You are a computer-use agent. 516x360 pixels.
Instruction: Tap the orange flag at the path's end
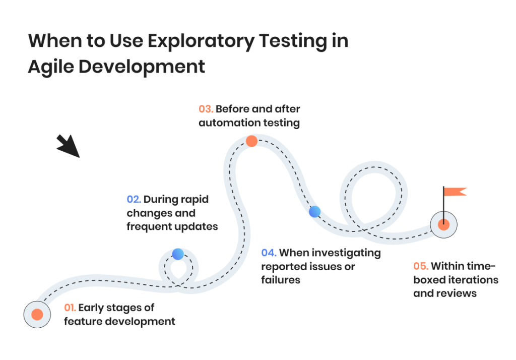pos(455,192)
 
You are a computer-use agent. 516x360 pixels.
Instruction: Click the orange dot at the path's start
pos(37,315)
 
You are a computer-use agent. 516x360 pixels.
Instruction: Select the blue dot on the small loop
pos(178,254)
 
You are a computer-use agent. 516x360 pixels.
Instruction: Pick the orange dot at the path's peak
pos(251,142)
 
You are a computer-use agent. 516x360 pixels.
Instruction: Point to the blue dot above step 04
pos(314,212)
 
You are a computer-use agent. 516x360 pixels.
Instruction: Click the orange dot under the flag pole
pos(443,225)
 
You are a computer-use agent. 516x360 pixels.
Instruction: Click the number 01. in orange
pos(70,308)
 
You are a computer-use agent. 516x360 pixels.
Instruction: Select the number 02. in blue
pos(134,199)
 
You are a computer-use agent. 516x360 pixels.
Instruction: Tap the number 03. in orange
pos(206,109)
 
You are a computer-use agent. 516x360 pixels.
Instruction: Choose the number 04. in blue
pos(269,253)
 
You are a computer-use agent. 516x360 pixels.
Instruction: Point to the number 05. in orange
pos(421,266)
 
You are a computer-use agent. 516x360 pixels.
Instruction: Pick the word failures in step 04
pos(281,280)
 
